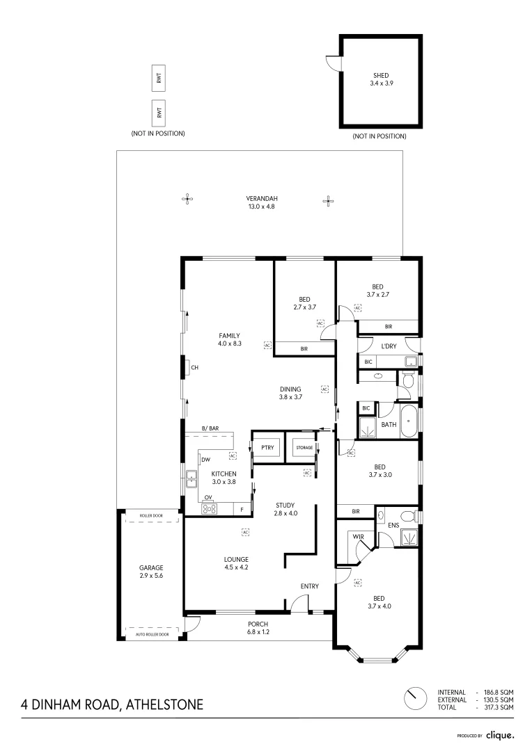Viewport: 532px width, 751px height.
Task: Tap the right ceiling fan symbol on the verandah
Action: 329,201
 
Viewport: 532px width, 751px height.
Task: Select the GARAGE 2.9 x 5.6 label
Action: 150,572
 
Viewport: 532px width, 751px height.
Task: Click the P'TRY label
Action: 267,448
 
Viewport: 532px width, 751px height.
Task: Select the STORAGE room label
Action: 304,448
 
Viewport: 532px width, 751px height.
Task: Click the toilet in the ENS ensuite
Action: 415,516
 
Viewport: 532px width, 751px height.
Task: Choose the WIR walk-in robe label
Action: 358,537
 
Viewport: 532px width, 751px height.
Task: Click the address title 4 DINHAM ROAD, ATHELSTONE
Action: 112,704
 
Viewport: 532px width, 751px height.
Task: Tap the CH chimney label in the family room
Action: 195,368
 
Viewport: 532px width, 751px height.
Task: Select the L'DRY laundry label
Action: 389,346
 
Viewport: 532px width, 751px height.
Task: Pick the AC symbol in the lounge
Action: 245,533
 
